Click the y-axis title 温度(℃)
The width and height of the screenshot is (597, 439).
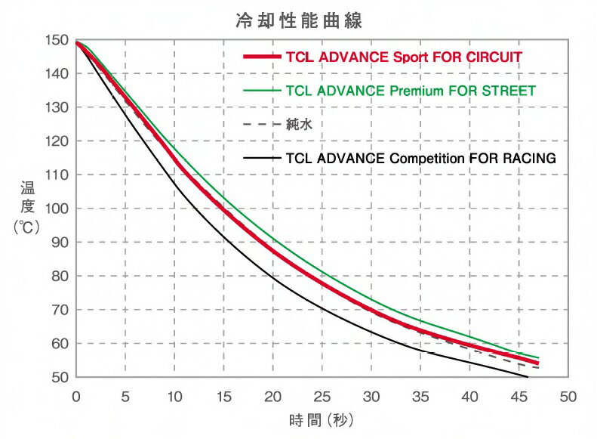click(x=26, y=209)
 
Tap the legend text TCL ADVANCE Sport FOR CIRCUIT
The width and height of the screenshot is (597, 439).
click(x=405, y=57)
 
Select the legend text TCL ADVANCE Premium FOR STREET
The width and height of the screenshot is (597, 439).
click(x=411, y=91)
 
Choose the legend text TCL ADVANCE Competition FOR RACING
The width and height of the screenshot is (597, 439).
click(x=421, y=159)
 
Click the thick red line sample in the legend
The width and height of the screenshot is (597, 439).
click(x=261, y=57)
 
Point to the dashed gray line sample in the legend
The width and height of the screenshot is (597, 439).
click(x=261, y=125)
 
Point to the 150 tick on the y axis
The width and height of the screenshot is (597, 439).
click(x=57, y=40)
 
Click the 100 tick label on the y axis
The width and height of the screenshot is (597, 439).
click(x=57, y=209)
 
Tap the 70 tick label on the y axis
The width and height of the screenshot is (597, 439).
click(x=60, y=310)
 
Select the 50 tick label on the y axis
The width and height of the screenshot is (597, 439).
click(x=60, y=377)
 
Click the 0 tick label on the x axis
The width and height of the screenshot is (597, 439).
click(x=76, y=395)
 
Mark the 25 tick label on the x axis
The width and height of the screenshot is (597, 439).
click(x=322, y=395)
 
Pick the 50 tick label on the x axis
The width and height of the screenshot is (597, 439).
click(x=568, y=395)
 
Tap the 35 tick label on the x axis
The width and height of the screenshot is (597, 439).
click(x=420, y=395)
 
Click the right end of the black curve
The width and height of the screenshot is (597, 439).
click(x=527, y=376)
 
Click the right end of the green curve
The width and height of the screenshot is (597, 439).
click(x=538, y=357)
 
